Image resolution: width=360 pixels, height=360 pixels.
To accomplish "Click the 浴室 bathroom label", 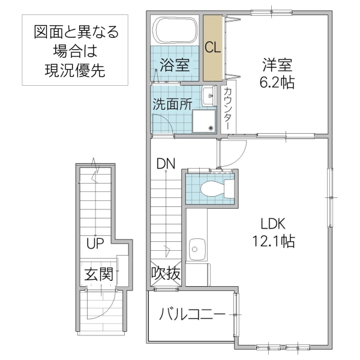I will pyautogui.click(x=175, y=64).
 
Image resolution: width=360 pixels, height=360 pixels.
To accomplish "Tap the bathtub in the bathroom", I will pyautogui.click(x=176, y=29).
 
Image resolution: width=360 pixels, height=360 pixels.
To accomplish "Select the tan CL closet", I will pyautogui.click(x=212, y=48).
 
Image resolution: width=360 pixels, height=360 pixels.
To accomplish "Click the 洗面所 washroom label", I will pyautogui.click(x=172, y=103).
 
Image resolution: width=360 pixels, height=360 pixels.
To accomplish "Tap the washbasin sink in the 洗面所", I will pyautogui.click(x=208, y=95).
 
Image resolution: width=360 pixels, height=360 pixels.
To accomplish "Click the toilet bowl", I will pyautogui.click(x=212, y=189).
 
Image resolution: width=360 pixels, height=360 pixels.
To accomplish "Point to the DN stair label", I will pyautogui.click(x=165, y=163).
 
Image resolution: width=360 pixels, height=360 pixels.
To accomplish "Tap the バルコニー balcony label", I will pyautogui.click(x=192, y=314).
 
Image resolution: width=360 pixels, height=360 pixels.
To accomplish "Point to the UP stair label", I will pyautogui.click(x=95, y=244).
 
